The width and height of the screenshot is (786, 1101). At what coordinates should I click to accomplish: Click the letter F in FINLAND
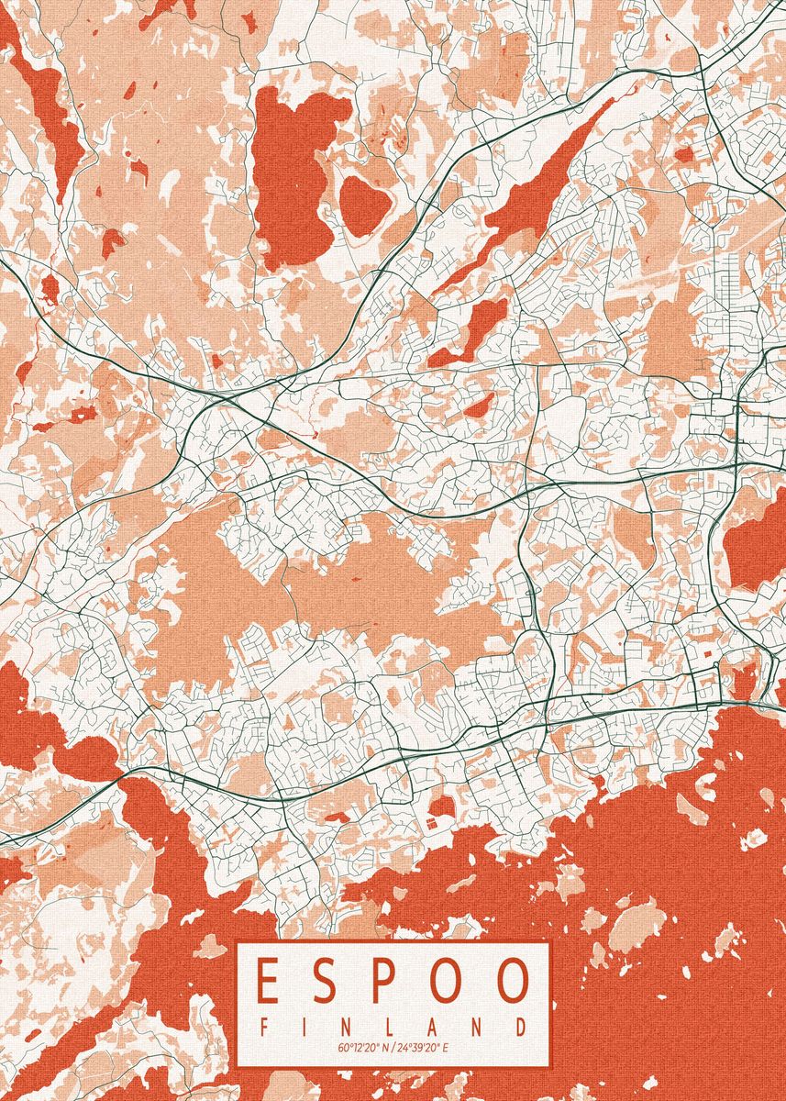(265, 1027)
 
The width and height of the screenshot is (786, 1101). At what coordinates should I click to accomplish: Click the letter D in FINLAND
(521, 1027)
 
